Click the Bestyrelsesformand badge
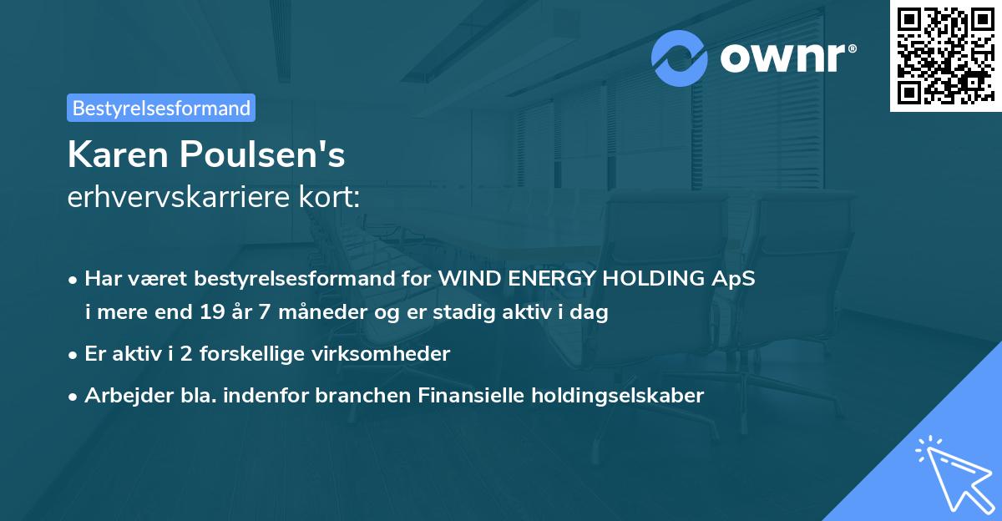point(160,108)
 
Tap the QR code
point(944,56)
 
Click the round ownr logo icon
point(680,58)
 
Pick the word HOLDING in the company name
point(651,279)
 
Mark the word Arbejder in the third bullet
point(120,396)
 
